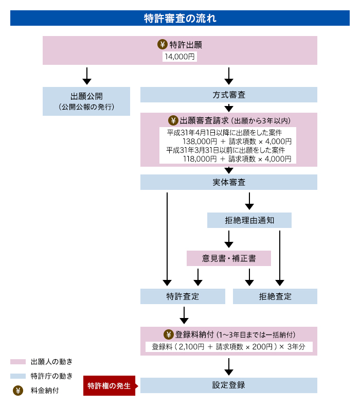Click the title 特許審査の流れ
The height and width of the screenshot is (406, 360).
(x=180, y=19)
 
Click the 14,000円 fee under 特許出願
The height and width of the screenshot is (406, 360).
(x=179, y=57)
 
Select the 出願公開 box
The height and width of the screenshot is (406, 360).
(x=86, y=101)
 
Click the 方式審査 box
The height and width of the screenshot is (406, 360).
(x=229, y=95)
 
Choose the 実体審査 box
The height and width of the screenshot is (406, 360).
(x=229, y=182)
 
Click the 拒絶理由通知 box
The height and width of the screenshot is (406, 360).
(x=249, y=220)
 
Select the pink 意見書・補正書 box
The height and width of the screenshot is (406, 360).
(x=229, y=258)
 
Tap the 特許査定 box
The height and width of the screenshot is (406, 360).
(x=183, y=296)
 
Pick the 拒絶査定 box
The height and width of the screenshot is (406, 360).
(x=275, y=296)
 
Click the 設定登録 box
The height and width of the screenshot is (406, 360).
(x=229, y=385)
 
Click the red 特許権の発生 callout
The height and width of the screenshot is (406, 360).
(x=109, y=385)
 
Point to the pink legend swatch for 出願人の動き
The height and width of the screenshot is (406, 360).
(x=18, y=362)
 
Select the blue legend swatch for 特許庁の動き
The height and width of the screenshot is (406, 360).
(x=18, y=376)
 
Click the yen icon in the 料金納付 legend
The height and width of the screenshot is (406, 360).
(x=18, y=391)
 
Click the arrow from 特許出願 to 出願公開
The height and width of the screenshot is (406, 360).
(x=87, y=76)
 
